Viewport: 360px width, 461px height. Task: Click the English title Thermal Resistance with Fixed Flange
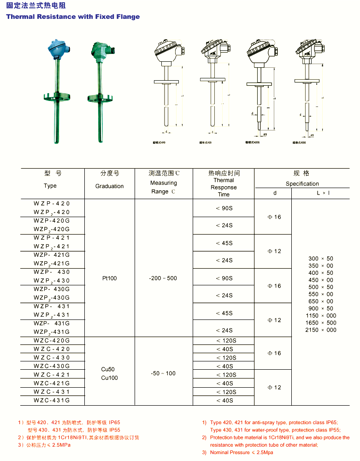pyautogui.click(x=73, y=17)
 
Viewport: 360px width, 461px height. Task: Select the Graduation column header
pyautogui.click(x=110, y=186)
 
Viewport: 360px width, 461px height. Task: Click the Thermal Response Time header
pyautogui.click(x=224, y=187)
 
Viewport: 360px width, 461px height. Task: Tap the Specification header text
pyautogui.click(x=302, y=183)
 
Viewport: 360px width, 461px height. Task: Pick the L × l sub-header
pyautogui.click(x=323, y=193)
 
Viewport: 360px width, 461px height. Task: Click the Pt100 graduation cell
pyautogui.click(x=110, y=278)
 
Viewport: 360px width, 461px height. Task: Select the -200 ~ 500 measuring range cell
pyautogui.click(x=163, y=278)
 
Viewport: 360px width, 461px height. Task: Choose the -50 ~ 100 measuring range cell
pyautogui.click(x=163, y=373)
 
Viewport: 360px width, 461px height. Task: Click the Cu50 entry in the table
pyautogui.click(x=108, y=369)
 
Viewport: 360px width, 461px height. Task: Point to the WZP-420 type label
pyautogui.click(x=52, y=203)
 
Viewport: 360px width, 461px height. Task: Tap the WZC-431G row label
pyautogui.click(x=52, y=401)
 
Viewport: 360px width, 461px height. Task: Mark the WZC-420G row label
pyautogui.click(x=52, y=340)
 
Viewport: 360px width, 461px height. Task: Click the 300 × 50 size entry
pyautogui.click(x=321, y=259)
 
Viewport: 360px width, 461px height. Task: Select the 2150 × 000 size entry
pyautogui.click(x=321, y=330)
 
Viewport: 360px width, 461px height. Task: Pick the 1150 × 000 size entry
pyautogui.click(x=321, y=316)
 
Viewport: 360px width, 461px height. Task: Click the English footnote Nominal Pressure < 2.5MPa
pyautogui.click(x=242, y=453)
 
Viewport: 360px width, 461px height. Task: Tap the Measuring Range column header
pyautogui.click(x=163, y=187)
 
